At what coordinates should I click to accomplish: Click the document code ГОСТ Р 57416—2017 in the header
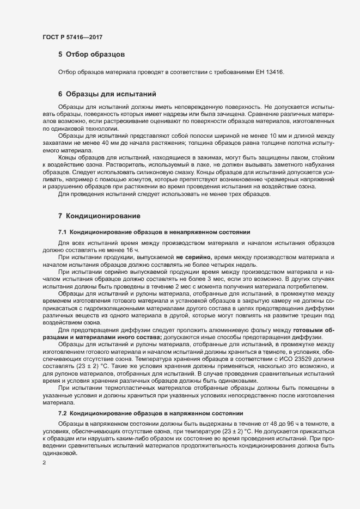tap(72, 37)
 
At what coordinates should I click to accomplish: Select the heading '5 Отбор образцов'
tap(92, 54)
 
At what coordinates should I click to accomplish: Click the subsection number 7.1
tap(62, 232)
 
